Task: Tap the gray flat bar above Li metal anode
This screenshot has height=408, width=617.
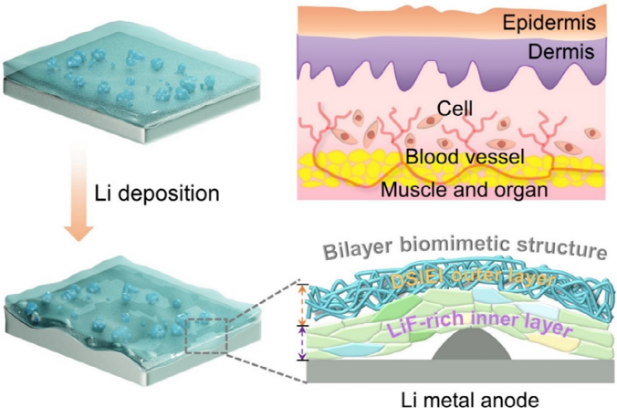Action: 456,371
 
